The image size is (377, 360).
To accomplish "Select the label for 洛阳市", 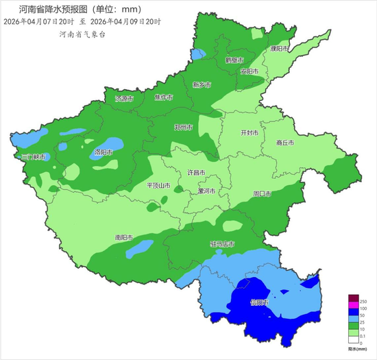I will [104, 152].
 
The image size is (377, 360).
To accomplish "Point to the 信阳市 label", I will [260, 302].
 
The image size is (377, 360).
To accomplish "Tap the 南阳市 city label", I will [125, 237].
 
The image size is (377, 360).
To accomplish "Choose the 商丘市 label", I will [284, 143].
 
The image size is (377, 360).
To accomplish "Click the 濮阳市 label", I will [280, 49].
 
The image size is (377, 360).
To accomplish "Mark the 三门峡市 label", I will [33, 157].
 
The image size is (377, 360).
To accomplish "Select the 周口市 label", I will [263, 194].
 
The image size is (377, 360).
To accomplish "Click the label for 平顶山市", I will [159, 185].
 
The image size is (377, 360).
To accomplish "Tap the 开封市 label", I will [250, 132].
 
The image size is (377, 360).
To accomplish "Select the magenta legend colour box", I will [354, 305].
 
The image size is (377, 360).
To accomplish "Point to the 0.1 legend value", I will [365, 336].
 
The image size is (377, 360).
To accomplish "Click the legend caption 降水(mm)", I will [357, 349].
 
